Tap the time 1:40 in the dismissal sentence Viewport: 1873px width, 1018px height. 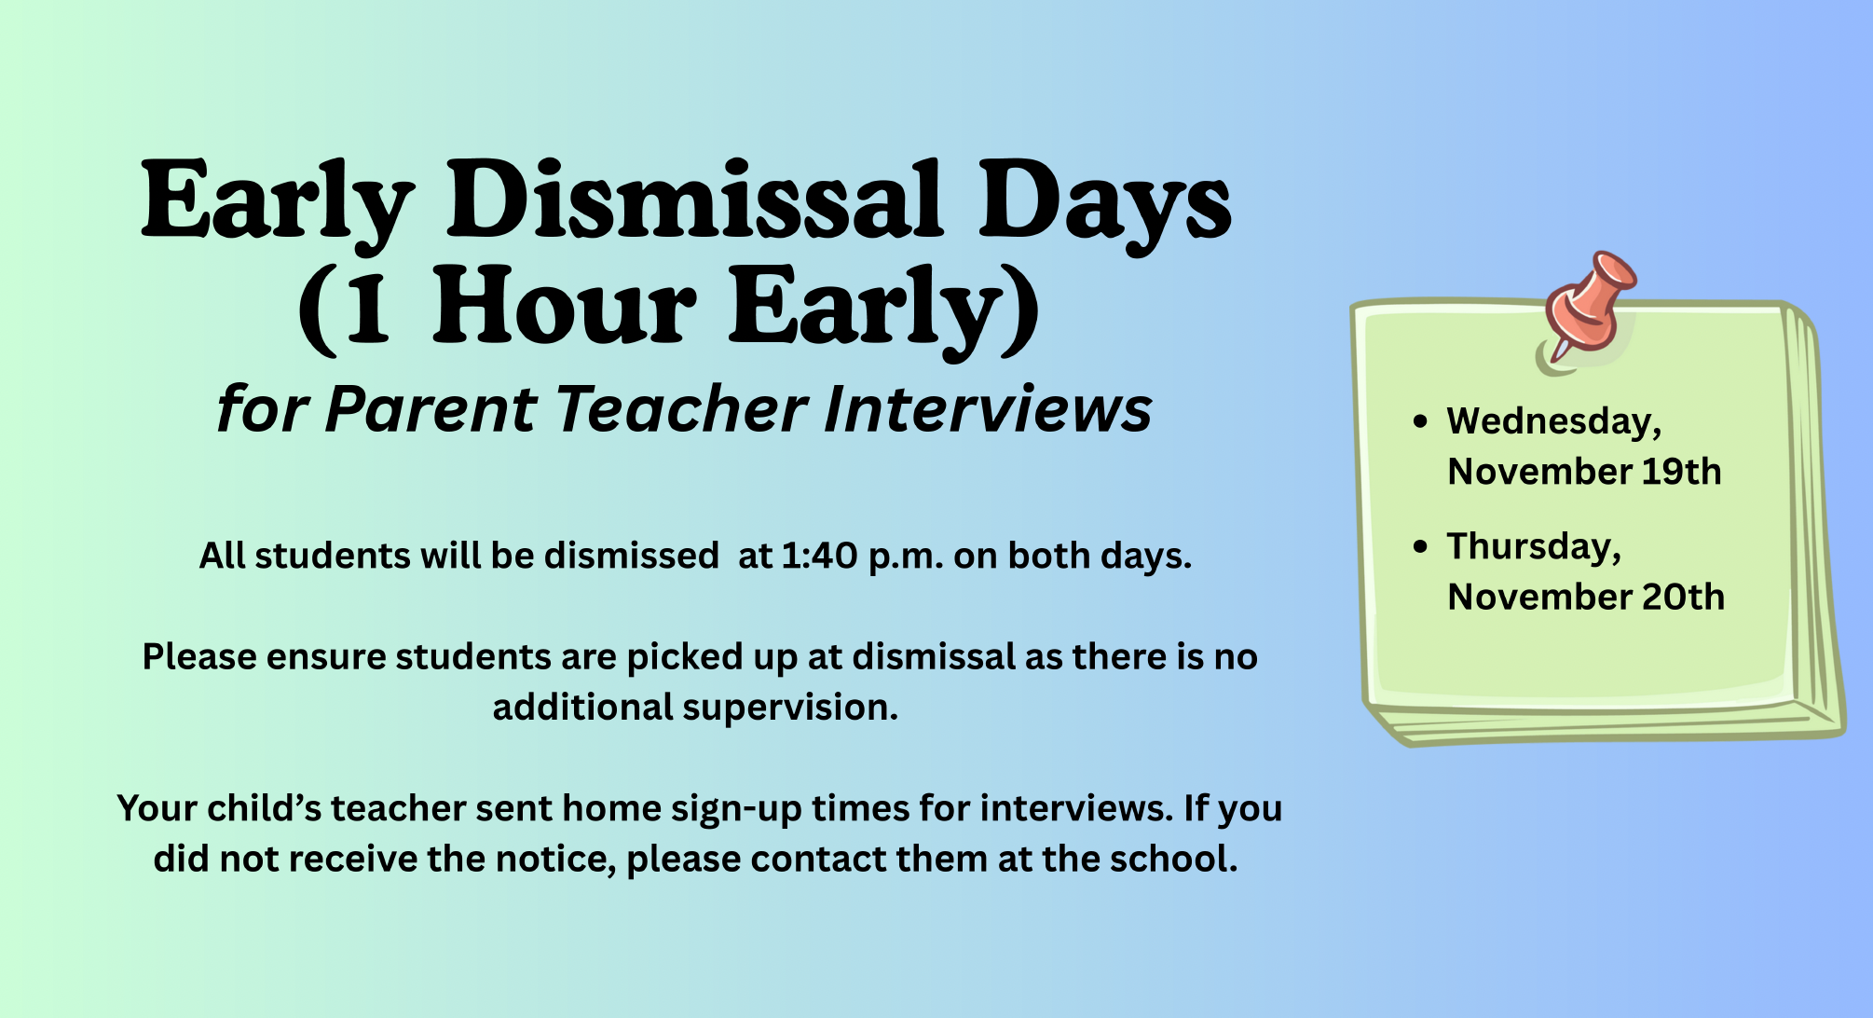point(819,557)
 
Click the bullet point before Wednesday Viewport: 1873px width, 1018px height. point(1420,421)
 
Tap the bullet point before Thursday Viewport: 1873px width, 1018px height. point(1420,546)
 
